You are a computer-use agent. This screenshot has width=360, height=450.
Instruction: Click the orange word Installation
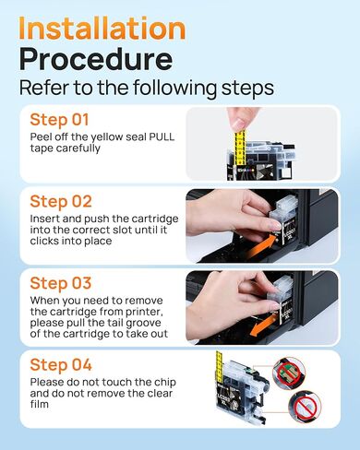[x=102, y=28]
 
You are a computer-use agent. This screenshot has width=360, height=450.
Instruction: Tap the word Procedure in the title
[x=96, y=59]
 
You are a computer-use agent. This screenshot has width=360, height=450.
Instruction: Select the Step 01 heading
[x=59, y=120]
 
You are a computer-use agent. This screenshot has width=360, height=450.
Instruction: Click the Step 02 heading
[x=61, y=201]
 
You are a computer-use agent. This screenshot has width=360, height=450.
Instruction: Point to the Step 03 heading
[x=61, y=283]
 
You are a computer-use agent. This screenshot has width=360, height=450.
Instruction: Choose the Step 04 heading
[x=61, y=365]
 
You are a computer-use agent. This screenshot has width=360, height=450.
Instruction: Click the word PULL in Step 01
[x=162, y=136]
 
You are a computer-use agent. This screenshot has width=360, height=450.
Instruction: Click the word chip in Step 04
[x=165, y=383]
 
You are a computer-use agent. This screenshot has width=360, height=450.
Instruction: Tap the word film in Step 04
[x=40, y=404]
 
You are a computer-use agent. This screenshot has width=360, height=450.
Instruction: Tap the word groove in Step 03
[x=143, y=323]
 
